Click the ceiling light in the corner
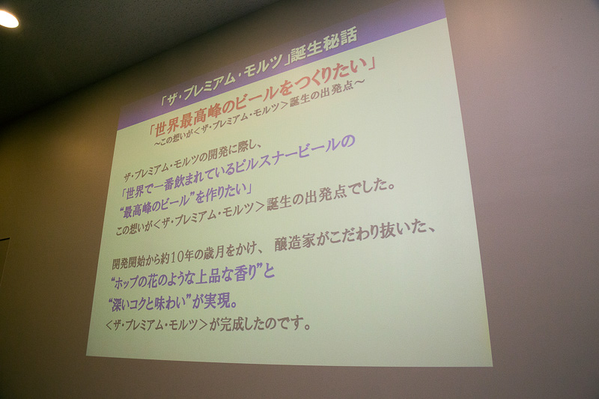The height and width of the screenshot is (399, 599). pyautogui.click(x=7, y=19)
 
